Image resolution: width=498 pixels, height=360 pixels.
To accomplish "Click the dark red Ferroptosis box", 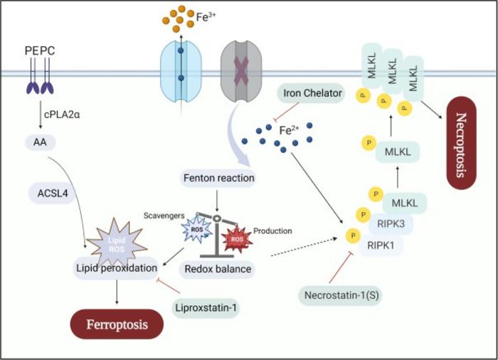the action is pyautogui.click(x=117, y=324).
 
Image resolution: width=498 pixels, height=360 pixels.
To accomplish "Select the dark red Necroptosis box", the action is pyautogui.click(x=461, y=143).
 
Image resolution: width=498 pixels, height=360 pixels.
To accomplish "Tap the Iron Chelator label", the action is pyautogui.click(x=312, y=93).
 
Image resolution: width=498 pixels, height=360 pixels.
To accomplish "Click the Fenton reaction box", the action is pyautogui.click(x=219, y=178).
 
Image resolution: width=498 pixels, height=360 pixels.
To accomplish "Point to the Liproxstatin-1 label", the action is pyautogui.click(x=206, y=307).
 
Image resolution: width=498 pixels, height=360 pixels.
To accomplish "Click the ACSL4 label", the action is pyautogui.click(x=53, y=193).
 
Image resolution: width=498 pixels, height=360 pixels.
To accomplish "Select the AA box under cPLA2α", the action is pyautogui.click(x=41, y=142).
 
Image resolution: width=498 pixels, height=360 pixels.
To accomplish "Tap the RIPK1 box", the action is pyautogui.click(x=381, y=245).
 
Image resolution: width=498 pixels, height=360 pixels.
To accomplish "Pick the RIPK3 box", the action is pyautogui.click(x=391, y=224).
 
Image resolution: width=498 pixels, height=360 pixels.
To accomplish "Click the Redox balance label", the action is pyautogui.click(x=218, y=269).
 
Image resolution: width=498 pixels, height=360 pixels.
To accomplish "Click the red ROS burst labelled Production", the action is pyautogui.click(x=237, y=239).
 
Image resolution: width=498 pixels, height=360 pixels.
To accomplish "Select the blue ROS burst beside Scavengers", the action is pyautogui.click(x=197, y=229).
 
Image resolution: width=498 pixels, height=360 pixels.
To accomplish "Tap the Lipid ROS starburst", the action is pyautogui.click(x=117, y=244).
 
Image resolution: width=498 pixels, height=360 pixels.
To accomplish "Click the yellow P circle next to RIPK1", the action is pyautogui.click(x=353, y=235).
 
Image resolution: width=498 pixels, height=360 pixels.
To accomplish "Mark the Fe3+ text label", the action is pyautogui.click(x=206, y=16).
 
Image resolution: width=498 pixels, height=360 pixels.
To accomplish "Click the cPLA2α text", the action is pyautogui.click(x=62, y=115).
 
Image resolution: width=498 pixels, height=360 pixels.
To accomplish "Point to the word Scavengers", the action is pyautogui.click(x=164, y=216).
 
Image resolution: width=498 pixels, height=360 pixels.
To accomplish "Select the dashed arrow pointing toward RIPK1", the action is pyautogui.click(x=304, y=247).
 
